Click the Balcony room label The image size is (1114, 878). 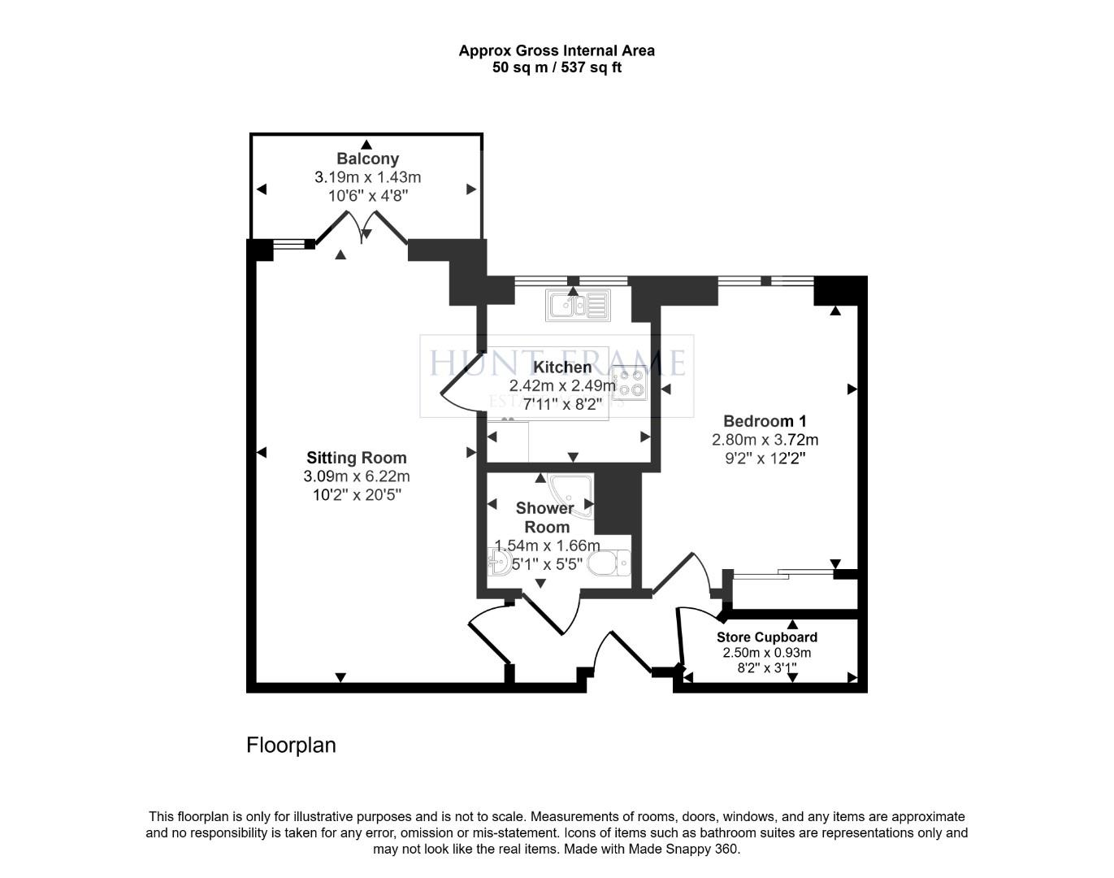367,159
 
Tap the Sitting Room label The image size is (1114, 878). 356,458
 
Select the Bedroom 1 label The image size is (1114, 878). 765,421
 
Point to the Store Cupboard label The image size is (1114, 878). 766,637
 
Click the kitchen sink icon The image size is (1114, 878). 579,305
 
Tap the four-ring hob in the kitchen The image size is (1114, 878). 631,384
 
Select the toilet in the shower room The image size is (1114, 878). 610,563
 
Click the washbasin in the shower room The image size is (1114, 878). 499,563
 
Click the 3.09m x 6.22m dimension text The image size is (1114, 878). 356,476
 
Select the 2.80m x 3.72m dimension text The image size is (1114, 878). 765,440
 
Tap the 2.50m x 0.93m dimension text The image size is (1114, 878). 766,653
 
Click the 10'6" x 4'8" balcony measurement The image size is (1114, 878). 367,195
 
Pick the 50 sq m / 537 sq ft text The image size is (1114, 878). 557,68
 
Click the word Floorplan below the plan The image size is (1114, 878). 291,745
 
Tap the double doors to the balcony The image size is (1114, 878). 362,228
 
